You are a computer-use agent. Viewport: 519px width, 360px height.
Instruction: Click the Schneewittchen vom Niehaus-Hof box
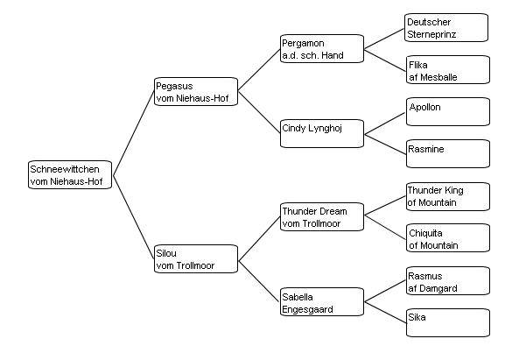click(x=70, y=175)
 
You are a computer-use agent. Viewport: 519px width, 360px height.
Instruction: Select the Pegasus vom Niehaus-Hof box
click(x=196, y=92)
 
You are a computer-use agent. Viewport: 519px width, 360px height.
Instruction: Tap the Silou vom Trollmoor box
click(x=196, y=259)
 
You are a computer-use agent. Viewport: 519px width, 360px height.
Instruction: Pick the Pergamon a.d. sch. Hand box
click(x=322, y=49)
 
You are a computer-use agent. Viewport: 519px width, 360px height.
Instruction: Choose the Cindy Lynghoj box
click(x=322, y=133)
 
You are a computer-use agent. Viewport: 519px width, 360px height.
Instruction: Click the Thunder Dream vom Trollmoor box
click(x=322, y=217)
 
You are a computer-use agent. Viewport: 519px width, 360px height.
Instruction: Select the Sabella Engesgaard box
click(x=322, y=301)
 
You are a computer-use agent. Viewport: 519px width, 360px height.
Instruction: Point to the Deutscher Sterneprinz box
click(x=446, y=27)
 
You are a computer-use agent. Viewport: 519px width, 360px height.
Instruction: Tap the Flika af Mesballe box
click(x=448, y=69)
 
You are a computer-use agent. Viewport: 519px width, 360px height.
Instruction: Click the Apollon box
click(x=448, y=111)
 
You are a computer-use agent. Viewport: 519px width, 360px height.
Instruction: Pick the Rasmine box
click(x=448, y=153)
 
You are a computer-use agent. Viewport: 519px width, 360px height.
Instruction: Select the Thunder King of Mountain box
click(x=448, y=196)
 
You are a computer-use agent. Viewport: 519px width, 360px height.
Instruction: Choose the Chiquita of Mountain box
click(x=448, y=237)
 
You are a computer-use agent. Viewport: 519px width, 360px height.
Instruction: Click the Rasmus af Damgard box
click(x=448, y=281)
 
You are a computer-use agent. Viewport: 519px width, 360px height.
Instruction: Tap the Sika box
click(x=448, y=323)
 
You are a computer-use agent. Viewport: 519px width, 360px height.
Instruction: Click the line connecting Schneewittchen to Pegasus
click(x=134, y=133)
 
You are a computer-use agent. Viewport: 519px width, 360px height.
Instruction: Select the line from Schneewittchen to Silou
click(x=134, y=217)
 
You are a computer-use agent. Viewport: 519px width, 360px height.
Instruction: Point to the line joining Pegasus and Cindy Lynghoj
click(x=259, y=112)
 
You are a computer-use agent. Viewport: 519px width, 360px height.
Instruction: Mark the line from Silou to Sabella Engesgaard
click(x=259, y=281)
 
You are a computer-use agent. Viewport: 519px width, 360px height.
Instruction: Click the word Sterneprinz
click(x=431, y=34)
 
